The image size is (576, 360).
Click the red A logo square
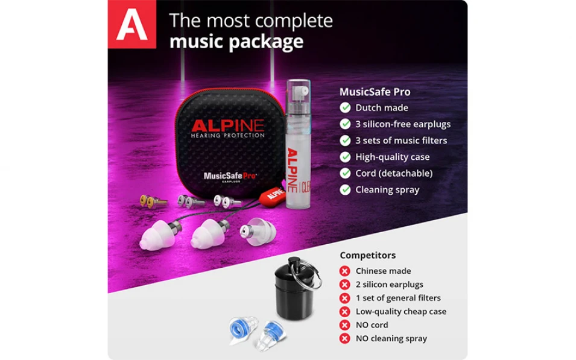pyautogui.click(x=131, y=24)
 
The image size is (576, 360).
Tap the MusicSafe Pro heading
pyautogui.click(x=375, y=92)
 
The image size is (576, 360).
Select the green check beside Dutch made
pyautogui.click(x=345, y=108)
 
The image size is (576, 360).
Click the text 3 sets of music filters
pyautogui.click(x=401, y=141)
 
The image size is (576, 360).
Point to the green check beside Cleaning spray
pyautogui.click(x=345, y=190)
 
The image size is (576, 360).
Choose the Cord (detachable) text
pyautogui.click(x=393, y=173)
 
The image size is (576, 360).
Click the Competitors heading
pyautogui.click(x=367, y=256)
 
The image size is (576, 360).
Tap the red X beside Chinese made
pyautogui.click(x=345, y=271)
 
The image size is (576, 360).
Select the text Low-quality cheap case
pyautogui.click(x=400, y=312)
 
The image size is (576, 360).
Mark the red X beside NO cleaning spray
pyautogui.click(x=345, y=339)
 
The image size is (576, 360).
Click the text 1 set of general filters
pyautogui.click(x=397, y=298)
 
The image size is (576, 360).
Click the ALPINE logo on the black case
pyautogui.click(x=227, y=126)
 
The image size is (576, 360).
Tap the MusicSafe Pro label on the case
pyautogui.click(x=229, y=176)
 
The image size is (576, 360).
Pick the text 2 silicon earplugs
pyautogui.click(x=389, y=285)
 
